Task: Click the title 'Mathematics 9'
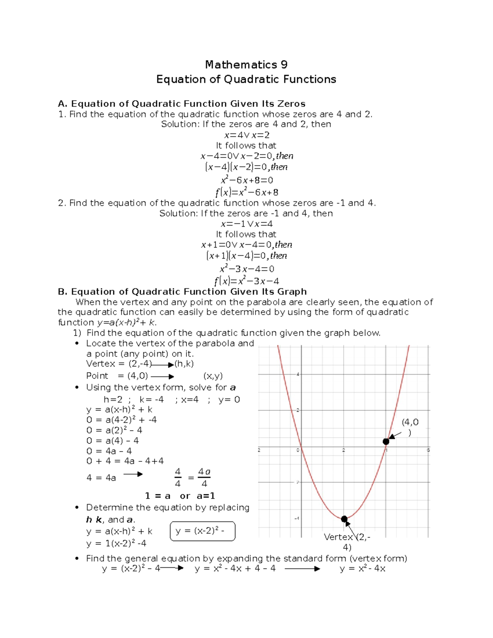pos(246,64)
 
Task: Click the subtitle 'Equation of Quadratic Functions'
pos(246,79)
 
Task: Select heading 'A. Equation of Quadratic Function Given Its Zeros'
pos(182,104)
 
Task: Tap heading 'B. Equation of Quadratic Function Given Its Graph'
pos(182,292)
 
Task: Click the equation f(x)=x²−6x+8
pos(246,192)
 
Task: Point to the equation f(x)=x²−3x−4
pos(246,281)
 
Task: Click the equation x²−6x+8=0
pos(246,180)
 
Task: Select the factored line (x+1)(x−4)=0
pos(246,256)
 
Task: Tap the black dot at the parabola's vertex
pos(344,519)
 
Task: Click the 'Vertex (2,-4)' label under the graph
pos(347,542)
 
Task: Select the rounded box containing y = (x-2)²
pos(202,531)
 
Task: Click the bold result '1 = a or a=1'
pos(180,496)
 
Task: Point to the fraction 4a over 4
pos(204,477)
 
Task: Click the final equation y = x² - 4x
pos(362,569)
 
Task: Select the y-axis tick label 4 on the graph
pos(297,374)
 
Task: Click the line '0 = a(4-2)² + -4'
pos(121,420)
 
